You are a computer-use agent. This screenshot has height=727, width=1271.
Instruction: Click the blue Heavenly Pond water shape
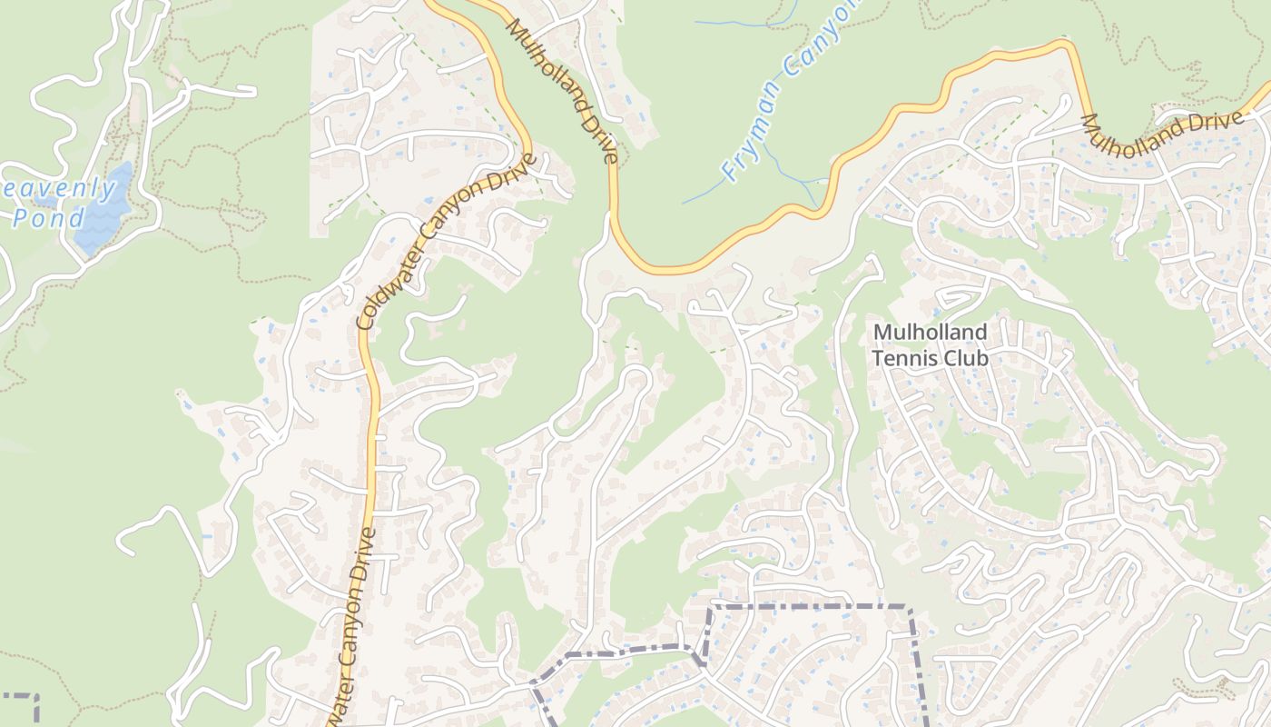tap(102, 214)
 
